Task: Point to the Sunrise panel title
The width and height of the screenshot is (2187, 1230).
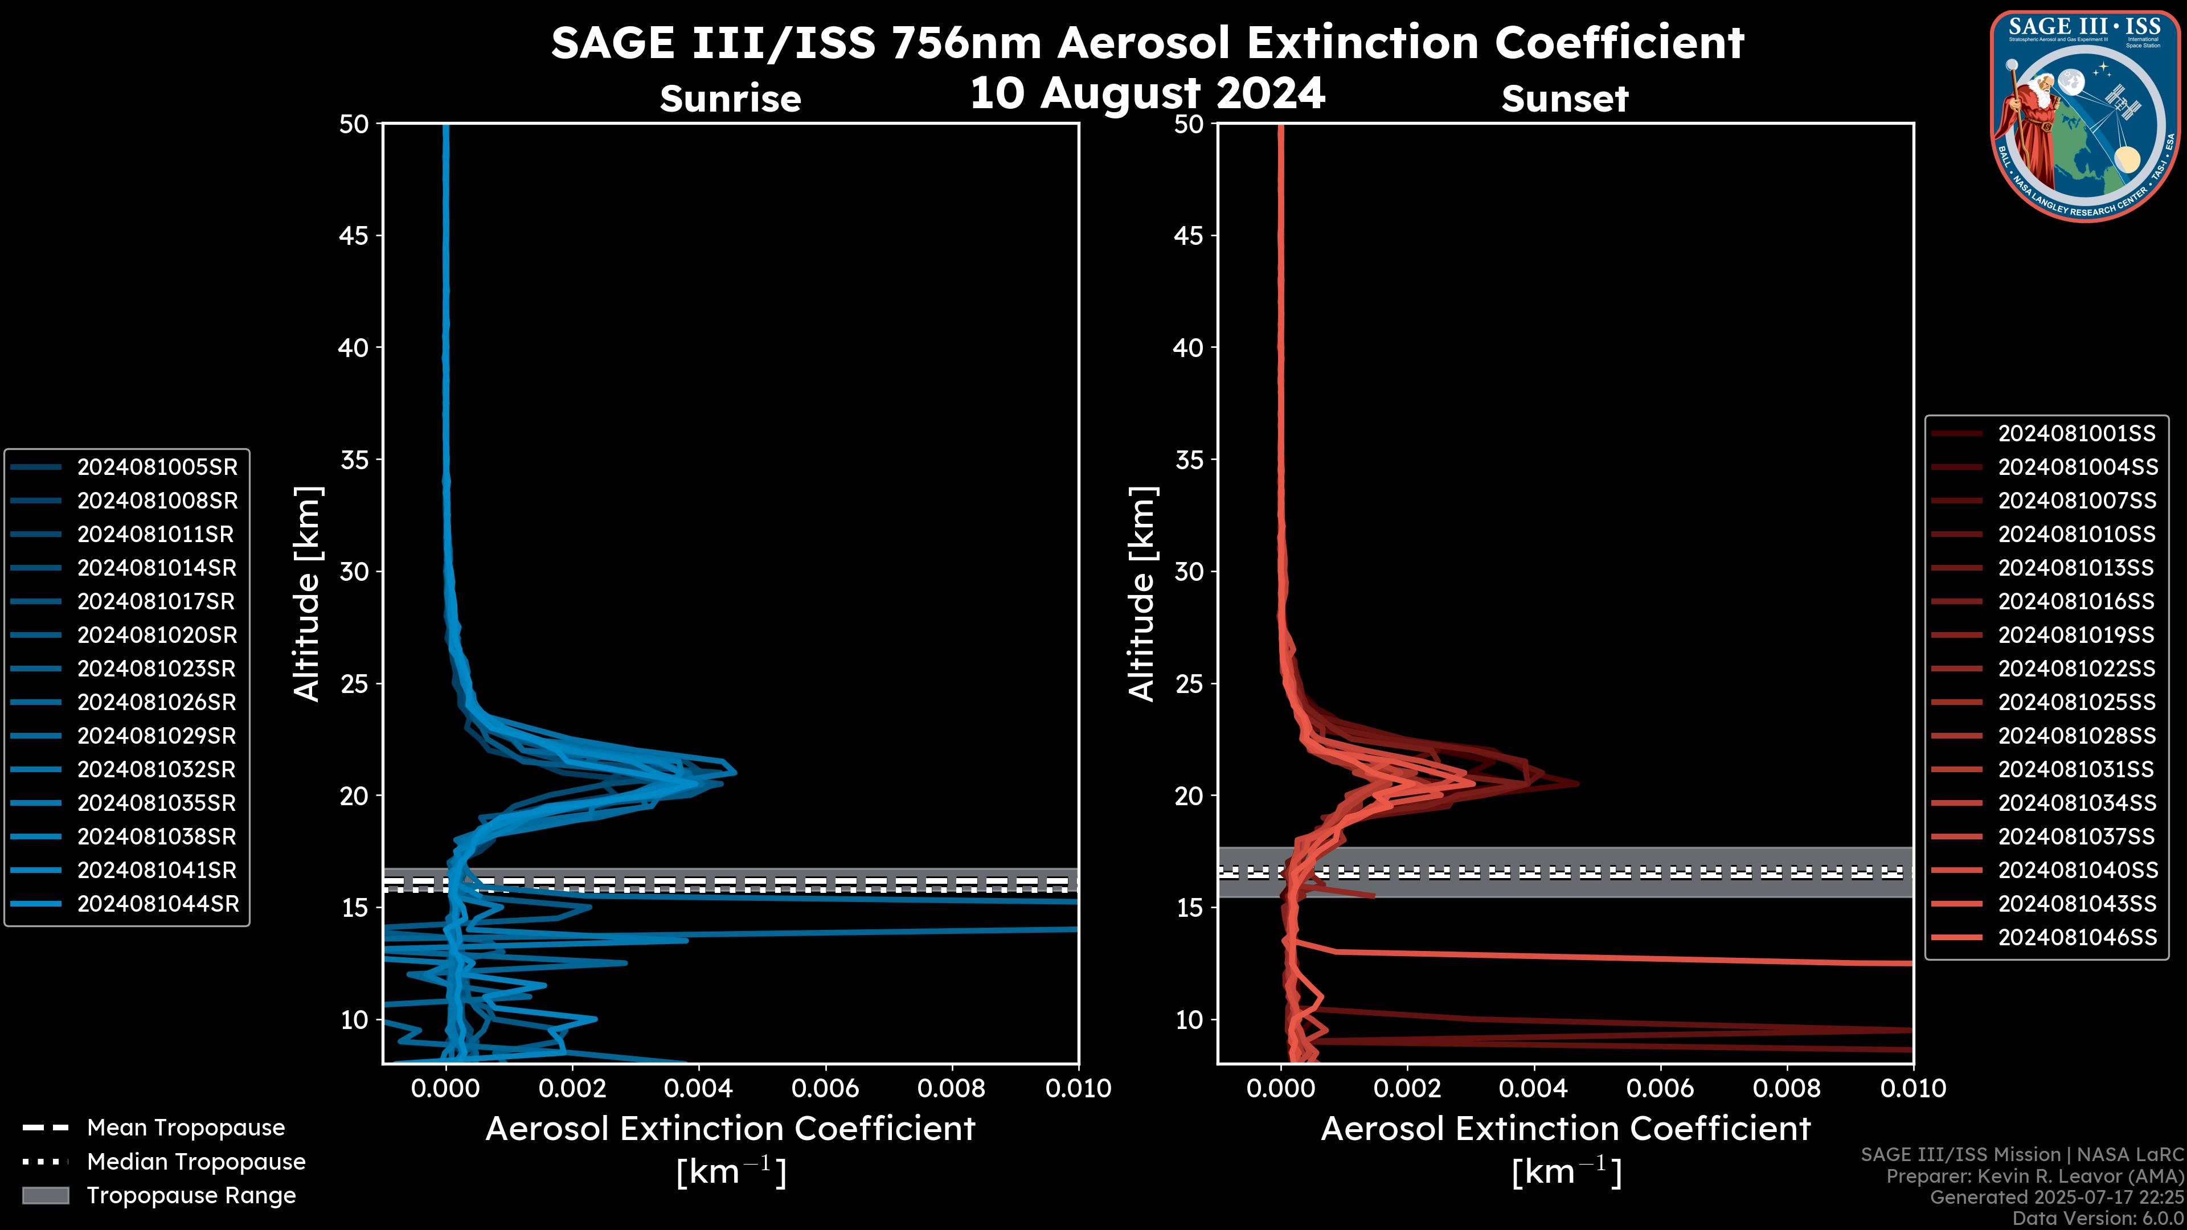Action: click(730, 99)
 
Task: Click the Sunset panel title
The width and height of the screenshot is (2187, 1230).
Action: click(1565, 99)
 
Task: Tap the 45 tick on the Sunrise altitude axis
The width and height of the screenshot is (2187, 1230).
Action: click(355, 235)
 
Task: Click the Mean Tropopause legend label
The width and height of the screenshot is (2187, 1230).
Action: click(186, 1128)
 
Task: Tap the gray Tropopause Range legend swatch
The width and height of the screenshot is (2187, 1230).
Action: click(46, 1195)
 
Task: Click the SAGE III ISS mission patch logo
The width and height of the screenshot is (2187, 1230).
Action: click(2084, 116)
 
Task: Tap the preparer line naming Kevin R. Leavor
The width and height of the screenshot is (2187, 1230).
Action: click(2034, 1176)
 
